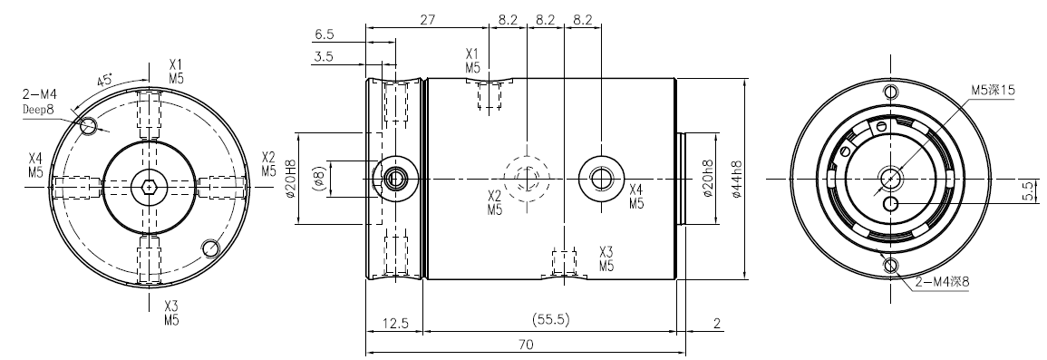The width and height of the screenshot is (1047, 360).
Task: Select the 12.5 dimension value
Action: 395,323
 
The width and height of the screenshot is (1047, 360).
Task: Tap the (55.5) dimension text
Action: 551,319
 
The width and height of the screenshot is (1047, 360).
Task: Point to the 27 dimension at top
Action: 427,19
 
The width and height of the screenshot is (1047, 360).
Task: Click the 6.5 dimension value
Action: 324,34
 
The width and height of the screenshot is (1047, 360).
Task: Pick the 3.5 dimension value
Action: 324,57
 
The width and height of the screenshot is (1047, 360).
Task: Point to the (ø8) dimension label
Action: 318,179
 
